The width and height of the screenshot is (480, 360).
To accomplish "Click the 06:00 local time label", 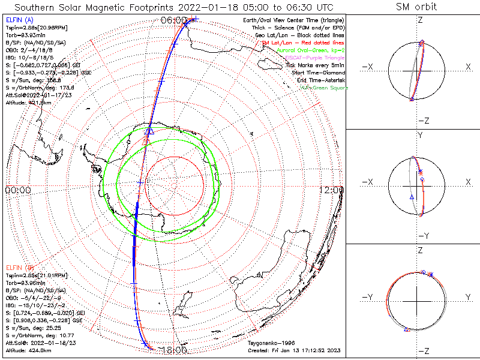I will click(174, 20).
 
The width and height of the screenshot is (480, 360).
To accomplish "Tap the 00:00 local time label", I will click(18, 190).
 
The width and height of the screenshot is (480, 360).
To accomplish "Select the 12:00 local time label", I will click(332, 190).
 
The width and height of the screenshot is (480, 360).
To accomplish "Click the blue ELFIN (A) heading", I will click(19, 20).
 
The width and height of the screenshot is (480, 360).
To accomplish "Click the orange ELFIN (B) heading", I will click(19, 267).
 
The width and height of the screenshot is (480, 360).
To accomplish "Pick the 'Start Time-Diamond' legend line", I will click(317, 73).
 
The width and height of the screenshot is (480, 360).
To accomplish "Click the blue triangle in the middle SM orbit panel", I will click(412, 197).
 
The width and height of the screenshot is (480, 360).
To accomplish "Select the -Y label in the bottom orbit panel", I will click(368, 298).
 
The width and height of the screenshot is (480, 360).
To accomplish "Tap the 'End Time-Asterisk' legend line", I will click(319, 80).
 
